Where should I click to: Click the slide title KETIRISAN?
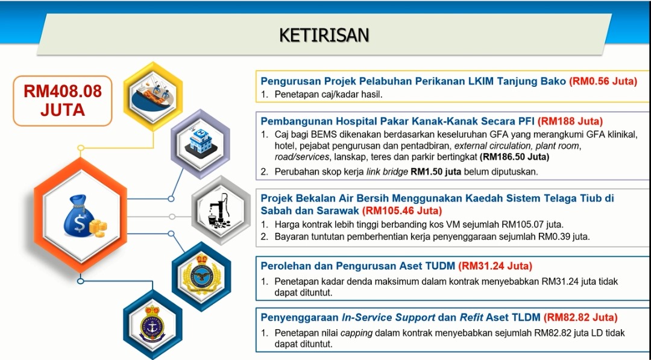[x=324, y=35]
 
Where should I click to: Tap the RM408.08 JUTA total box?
[x=63, y=101]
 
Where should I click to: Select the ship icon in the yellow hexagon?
[x=153, y=96]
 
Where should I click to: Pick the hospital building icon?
[x=201, y=143]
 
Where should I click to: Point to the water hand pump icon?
[x=221, y=211]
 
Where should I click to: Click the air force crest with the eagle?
[x=202, y=274]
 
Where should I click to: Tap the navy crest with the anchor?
[x=153, y=324]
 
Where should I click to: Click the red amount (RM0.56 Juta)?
[x=603, y=81]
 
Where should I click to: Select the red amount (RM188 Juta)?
[x=570, y=121]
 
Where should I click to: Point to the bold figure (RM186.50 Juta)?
[x=514, y=157]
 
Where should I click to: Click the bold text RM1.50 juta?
[x=436, y=172]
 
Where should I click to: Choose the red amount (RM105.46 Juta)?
[x=402, y=210]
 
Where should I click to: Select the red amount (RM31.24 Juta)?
[x=495, y=266]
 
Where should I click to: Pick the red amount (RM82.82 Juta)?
[x=580, y=318]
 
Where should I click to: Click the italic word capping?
[x=356, y=333]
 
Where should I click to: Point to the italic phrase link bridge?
[x=386, y=172]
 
